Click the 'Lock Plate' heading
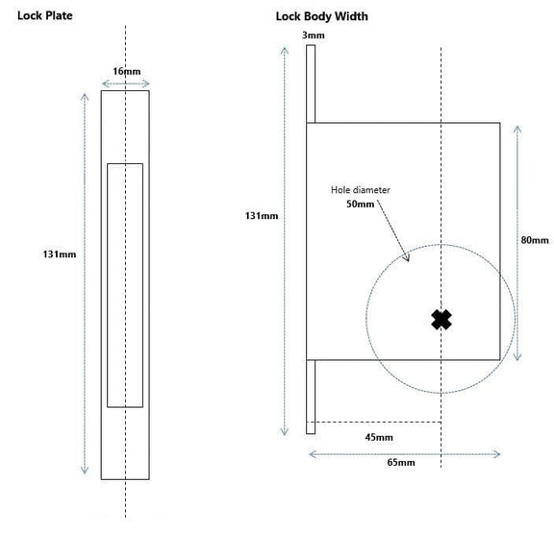point(45,16)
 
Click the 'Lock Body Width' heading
point(321,16)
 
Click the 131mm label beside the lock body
point(262,216)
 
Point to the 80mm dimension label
point(534,240)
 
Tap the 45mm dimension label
point(378,437)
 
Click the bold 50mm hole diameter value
point(360,204)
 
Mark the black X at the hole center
point(441,320)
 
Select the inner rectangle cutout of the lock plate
point(125,285)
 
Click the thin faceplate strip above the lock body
point(311,85)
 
